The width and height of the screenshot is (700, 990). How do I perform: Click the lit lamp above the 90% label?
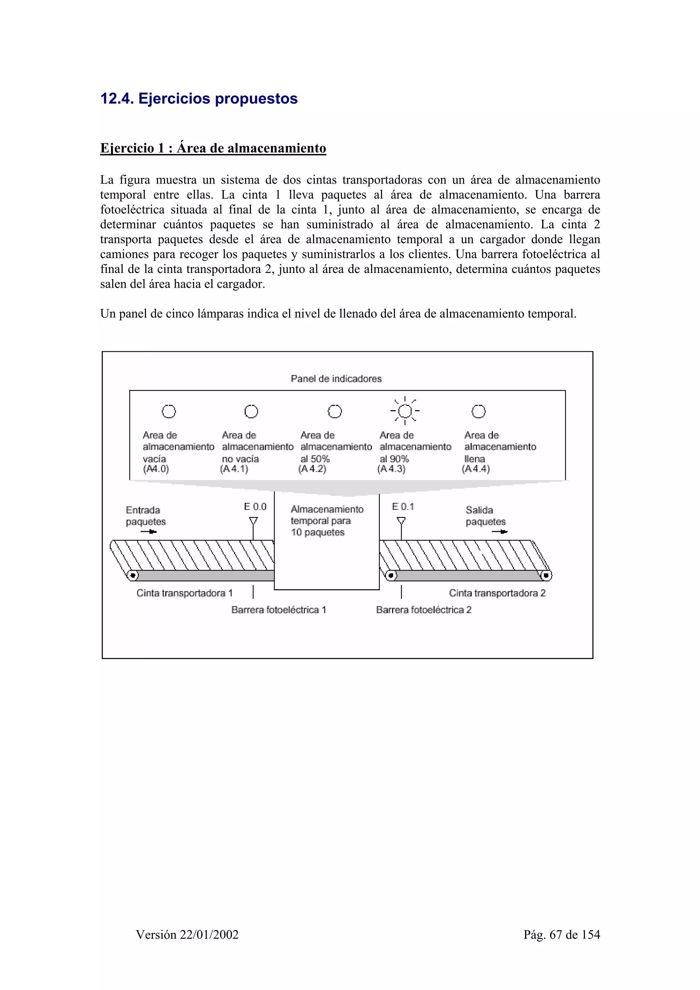coord(405,411)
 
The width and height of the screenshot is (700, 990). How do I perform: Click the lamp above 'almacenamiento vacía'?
coord(169,411)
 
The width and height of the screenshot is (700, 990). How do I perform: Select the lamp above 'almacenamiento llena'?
coord(478,411)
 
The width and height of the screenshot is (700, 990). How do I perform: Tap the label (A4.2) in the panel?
coord(312,469)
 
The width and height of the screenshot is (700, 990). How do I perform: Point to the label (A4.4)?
coord(476,469)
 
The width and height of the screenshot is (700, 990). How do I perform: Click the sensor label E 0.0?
coord(255,507)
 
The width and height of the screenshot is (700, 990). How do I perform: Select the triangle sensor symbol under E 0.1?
coord(401,521)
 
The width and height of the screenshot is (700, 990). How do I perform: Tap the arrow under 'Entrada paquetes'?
coord(149,532)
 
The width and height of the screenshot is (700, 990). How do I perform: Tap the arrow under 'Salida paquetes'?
coord(499,532)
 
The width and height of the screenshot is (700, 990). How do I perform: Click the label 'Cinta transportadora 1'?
coord(184,593)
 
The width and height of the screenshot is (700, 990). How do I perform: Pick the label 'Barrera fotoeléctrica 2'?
coord(423,610)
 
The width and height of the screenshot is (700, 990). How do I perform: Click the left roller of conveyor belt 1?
coord(133,575)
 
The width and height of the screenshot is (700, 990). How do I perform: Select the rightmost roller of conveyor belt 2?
coord(546,575)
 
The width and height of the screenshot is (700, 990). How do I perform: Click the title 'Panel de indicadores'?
coord(336,379)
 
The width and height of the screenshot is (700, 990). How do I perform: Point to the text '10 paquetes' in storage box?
coord(318,533)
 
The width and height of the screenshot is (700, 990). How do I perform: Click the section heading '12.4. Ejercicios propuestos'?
coord(199,99)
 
